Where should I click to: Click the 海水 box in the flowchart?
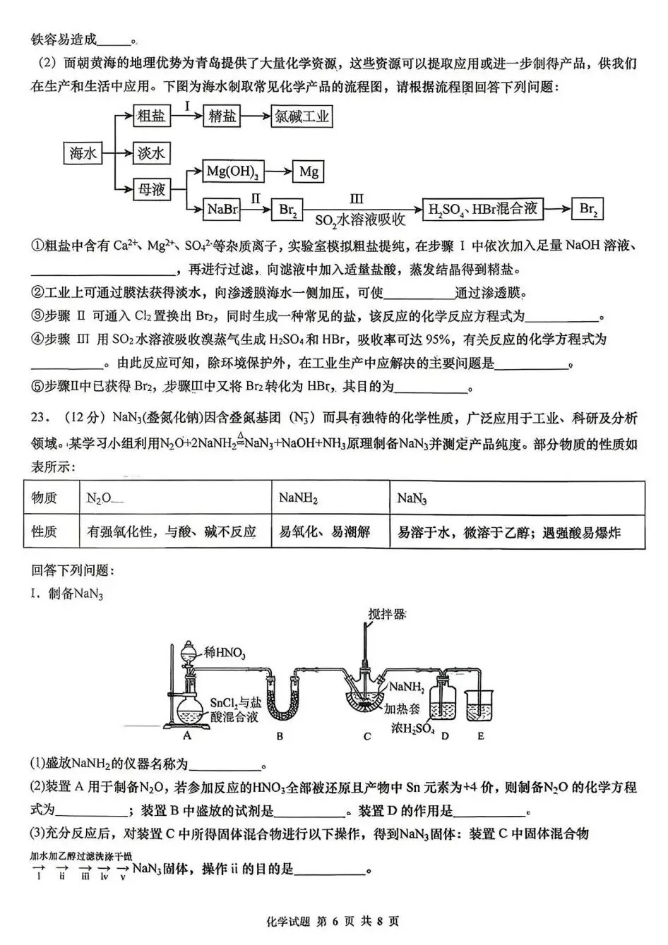point(83,153)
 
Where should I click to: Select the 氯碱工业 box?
point(302,116)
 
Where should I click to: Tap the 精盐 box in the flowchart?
point(222,116)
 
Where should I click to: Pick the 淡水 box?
point(151,153)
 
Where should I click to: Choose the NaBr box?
point(222,209)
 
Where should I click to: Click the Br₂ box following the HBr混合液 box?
point(588,208)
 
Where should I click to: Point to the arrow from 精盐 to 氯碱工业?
point(255,116)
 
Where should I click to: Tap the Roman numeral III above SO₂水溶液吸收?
point(357,200)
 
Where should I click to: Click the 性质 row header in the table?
point(44,531)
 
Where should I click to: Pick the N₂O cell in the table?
point(99,498)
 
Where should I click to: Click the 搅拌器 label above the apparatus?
point(387,613)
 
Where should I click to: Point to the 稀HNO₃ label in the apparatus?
point(225,653)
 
